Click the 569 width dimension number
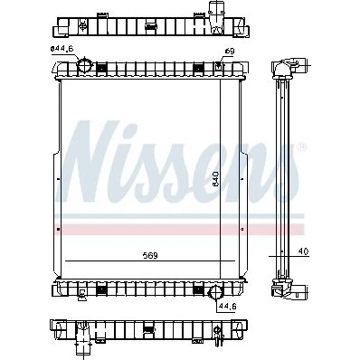150,256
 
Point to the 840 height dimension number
215,179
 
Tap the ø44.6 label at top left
62,49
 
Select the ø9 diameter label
230,52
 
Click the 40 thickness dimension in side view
303,251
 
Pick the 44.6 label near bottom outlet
228,307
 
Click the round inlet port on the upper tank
85,66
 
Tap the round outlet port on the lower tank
215,292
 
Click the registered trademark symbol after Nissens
302,147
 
